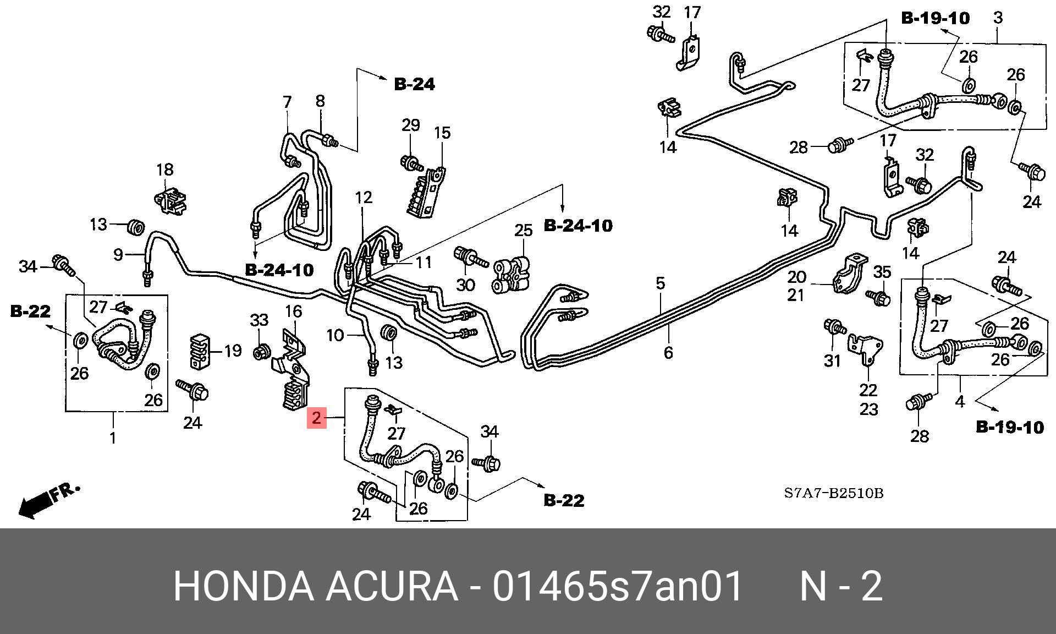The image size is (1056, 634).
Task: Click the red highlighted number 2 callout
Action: coord(317,418)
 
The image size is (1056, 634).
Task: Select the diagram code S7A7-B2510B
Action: coord(833,493)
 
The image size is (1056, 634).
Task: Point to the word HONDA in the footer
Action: coord(243,587)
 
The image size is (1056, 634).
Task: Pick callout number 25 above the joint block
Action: coord(523,230)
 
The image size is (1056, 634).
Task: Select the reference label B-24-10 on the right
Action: coord(577,226)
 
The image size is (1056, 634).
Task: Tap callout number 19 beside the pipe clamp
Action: coord(233,351)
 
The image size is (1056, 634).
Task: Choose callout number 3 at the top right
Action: coord(998,18)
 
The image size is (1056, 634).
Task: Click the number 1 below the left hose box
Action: coord(113,438)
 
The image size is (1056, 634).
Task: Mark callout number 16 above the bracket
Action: coord(293,311)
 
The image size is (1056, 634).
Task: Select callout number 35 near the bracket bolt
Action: coord(882,271)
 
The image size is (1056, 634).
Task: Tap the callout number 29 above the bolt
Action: coord(410,125)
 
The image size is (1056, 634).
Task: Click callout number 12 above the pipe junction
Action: coord(364,197)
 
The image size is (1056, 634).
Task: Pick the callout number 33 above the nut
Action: coord(259,320)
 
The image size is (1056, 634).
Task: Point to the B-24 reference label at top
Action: coord(414,84)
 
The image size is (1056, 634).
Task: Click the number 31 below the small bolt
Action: coord(832,360)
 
